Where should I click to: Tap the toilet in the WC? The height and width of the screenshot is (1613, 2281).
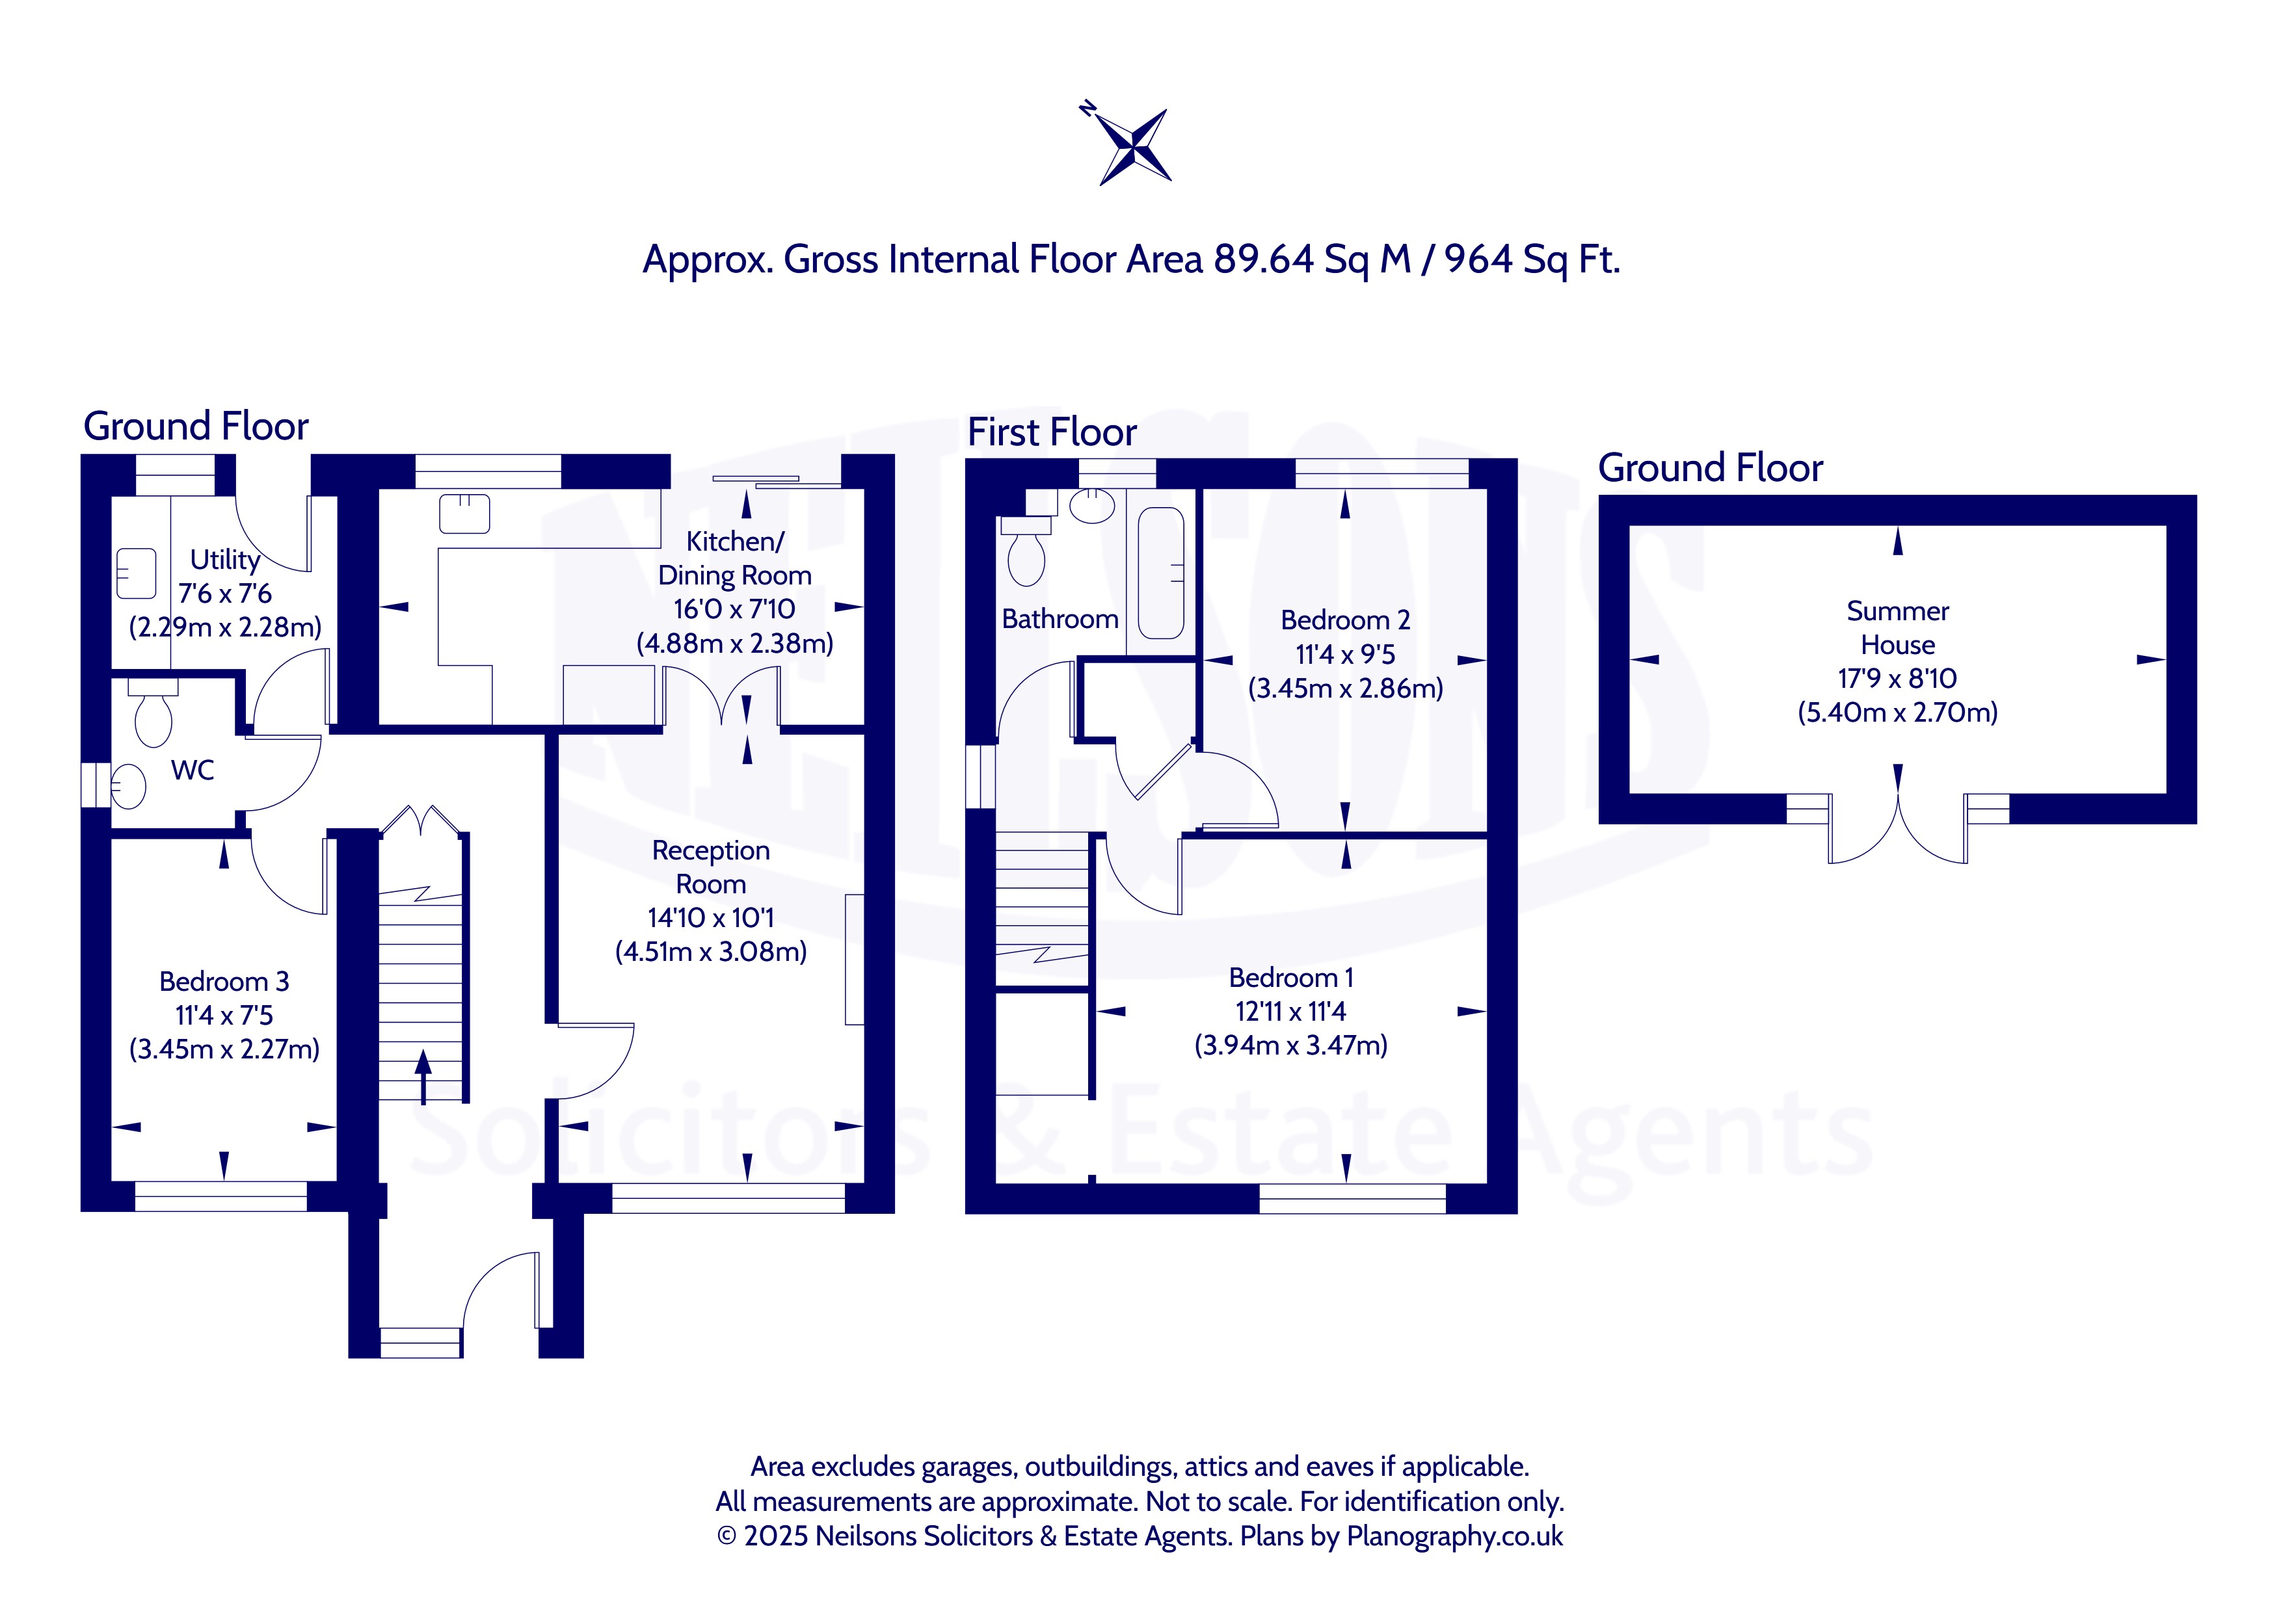click(153, 712)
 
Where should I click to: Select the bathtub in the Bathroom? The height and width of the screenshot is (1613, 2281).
click(1160, 573)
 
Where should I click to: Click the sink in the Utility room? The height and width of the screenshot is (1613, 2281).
click(136, 574)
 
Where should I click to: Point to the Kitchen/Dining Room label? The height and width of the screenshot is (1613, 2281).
click(735, 558)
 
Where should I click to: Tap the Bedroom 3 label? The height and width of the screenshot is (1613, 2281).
click(224, 981)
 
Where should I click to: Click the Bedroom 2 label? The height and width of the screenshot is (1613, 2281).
click(1345, 620)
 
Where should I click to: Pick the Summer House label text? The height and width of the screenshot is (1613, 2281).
click(1897, 628)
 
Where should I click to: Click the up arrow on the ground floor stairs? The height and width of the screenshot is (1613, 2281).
click(423, 1077)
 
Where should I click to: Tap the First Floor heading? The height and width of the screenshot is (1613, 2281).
click(1052, 432)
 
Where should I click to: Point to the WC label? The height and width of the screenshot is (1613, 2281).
click(193, 770)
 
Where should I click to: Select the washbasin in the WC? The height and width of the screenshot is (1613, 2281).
click(127, 787)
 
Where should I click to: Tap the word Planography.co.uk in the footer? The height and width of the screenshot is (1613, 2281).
click(1454, 1536)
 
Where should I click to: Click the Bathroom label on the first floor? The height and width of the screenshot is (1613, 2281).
click(1060, 619)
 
